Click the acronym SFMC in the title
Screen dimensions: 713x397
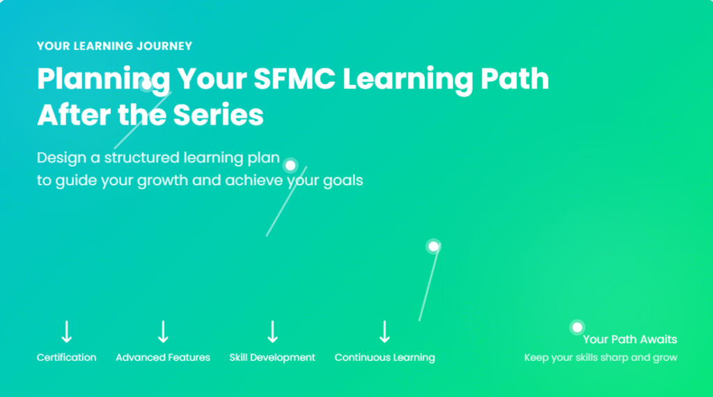295,79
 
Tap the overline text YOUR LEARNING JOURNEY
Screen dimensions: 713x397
115,46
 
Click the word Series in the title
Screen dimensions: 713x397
218,115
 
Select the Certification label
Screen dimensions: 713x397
66,357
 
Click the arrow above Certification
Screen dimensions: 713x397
67,332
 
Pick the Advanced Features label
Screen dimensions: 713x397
163,357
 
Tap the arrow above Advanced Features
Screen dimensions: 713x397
163,332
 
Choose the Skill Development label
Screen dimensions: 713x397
272,357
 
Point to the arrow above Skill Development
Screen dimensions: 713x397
272,332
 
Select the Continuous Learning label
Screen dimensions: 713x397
384,357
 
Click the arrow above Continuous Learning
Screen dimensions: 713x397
384,332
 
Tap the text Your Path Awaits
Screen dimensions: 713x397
629,339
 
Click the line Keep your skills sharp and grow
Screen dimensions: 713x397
601,357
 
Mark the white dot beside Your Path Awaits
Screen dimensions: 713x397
577,327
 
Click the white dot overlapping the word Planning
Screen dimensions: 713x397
146,84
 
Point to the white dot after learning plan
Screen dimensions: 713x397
290,166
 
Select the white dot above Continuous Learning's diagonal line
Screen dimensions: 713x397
433,247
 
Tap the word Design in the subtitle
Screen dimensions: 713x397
61,158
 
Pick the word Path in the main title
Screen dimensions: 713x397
515,79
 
